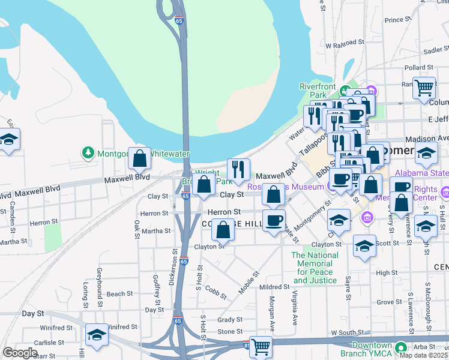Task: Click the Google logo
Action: pos(19,353)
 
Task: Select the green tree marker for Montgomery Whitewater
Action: pos(88,153)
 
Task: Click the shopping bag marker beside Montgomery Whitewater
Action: pos(139,159)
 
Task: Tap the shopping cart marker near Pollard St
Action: pos(424,88)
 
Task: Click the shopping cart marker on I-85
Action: pos(261,347)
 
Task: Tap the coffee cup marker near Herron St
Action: pos(274,220)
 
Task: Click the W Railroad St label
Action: pos(345,43)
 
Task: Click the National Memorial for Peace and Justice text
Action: pos(315,268)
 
